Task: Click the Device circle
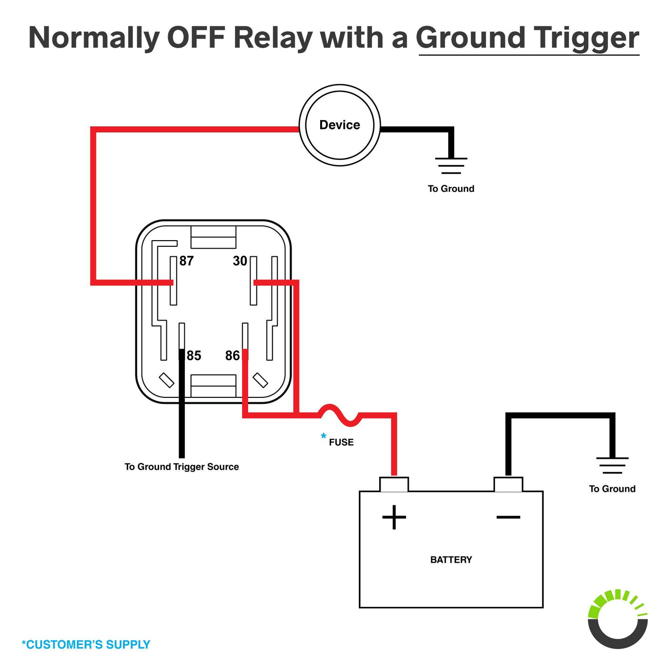340,125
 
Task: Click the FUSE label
341,442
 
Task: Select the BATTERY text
451,560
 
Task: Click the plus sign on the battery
394,517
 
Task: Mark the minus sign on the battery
508,517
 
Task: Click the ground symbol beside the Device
451,166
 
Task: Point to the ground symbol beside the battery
612,465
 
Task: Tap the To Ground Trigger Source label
182,467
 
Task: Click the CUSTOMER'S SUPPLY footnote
86,645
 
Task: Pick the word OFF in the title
196,38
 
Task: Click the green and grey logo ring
618,619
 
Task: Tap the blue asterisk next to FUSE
323,436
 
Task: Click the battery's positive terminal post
394,484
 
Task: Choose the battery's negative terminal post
508,484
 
